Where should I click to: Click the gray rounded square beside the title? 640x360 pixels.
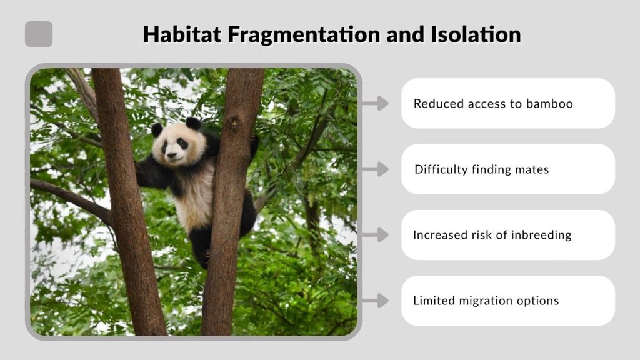(39, 34)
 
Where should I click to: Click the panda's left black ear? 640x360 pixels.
(157, 129)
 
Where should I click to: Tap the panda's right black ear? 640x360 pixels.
(193, 123)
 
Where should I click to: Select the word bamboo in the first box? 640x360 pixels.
(548, 104)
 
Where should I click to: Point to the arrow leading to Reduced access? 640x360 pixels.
(375, 104)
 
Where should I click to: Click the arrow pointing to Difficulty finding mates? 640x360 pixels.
(375, 169)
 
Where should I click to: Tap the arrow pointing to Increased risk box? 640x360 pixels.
(375, 235)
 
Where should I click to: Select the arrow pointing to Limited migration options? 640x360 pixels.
(375, 301)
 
